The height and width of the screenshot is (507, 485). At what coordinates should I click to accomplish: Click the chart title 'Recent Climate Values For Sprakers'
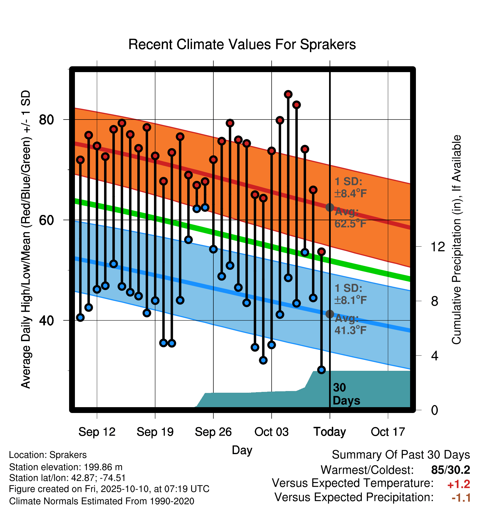[242, 44]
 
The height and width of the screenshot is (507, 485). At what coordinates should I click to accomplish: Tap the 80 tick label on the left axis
[46, 120]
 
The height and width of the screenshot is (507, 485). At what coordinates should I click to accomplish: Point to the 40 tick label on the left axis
[46, 320]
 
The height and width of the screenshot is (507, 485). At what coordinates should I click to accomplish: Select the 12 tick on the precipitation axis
[438, 247]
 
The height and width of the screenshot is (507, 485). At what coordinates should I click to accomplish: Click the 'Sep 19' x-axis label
[155, 432]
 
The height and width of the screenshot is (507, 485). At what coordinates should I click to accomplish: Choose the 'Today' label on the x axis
[330, 432]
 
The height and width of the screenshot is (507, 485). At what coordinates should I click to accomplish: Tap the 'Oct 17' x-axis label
[388, 432]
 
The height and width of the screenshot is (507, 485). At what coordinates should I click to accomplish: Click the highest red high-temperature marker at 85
[288, 94]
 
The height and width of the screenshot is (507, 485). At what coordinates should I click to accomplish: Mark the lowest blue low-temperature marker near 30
[321, 370]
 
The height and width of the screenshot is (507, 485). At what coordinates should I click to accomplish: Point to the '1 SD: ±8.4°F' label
[350, 187]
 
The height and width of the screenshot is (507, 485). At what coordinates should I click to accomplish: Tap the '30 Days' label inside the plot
[346, 394]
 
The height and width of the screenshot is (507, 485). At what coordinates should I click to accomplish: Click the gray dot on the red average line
[330, 207]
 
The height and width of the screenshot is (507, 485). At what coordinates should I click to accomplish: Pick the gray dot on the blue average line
[330, 314]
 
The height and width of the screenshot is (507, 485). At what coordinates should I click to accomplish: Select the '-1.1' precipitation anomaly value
[461, 498]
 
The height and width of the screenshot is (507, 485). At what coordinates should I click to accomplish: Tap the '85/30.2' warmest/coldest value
[451, 470]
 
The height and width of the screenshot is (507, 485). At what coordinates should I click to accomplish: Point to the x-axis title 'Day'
[242, 450]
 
